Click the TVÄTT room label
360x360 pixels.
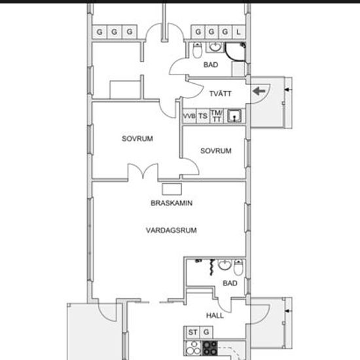point(220,94)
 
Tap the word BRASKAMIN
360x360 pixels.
point(171,203)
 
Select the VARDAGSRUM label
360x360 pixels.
point(171,230)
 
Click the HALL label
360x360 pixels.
point(215,315)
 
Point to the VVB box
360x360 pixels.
point(189,116)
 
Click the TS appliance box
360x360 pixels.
point(203,116)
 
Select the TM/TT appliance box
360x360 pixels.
point(217,116)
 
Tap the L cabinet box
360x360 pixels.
point(239,31)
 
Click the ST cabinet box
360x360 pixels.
point(192,333)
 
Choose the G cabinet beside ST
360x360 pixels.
point(206,333)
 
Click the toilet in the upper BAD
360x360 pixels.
point(197,50)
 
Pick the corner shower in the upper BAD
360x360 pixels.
point(235,52)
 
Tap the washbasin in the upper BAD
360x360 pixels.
point(215,47)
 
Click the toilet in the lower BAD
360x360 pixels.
point(238,268)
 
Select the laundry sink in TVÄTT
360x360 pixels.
point(234,116)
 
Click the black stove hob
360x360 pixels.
point(209,348)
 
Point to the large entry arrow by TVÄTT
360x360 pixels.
point(259,91)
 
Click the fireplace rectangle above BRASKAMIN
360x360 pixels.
point(171,189)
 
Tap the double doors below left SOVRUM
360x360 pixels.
point(143,171)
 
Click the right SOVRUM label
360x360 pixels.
point(216,151)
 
